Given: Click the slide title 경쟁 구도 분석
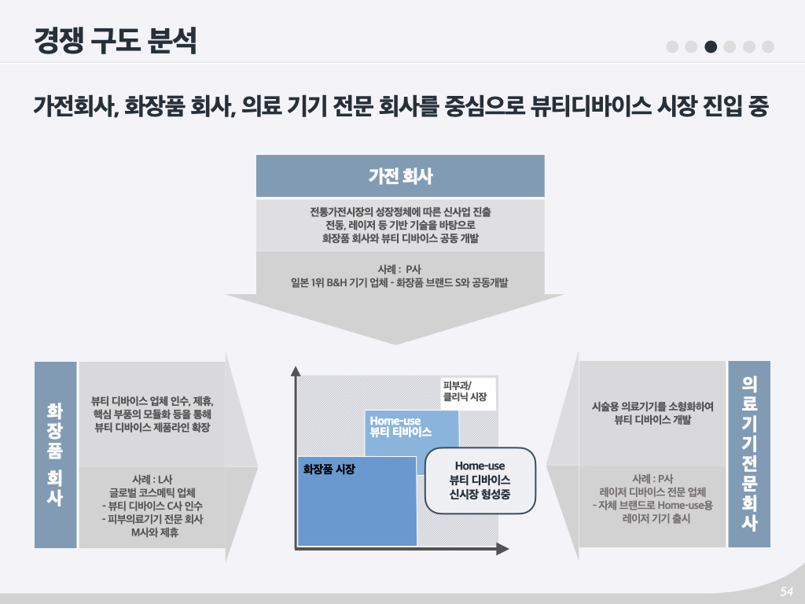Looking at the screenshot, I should pyautogui.click(x=115, y=41).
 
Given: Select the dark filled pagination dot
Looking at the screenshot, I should pyautogui.click(x=711, y=46).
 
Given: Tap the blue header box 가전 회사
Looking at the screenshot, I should pyautogui.click(x=400, y=176).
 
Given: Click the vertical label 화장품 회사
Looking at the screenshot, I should pyautogui.click(x=55, y=454).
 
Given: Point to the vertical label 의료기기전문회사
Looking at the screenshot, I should pyautogui.click(x=749, y=454).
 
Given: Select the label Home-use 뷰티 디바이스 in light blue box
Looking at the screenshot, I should pyautogui.click(x=401, y=427).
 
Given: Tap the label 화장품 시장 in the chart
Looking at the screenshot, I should pyautogui.click(x=329, y=470).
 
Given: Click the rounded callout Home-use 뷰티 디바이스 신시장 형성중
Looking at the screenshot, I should pyautogui.click(x=480, y=480).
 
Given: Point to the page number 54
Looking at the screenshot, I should pyautogui.click(x=785, y=591).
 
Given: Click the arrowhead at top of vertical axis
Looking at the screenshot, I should pyautogui.click(x=296, y=371).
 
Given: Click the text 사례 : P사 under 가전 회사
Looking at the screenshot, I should pyautogui.click(x=399, y=269).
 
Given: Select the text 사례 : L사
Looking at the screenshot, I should pyautogui.click(x=153, y=479).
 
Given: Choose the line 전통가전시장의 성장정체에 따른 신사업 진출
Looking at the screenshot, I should pyautogui.click(x=399, y=212).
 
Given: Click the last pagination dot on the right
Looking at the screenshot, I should pyautogui.click(x=767, y=46).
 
